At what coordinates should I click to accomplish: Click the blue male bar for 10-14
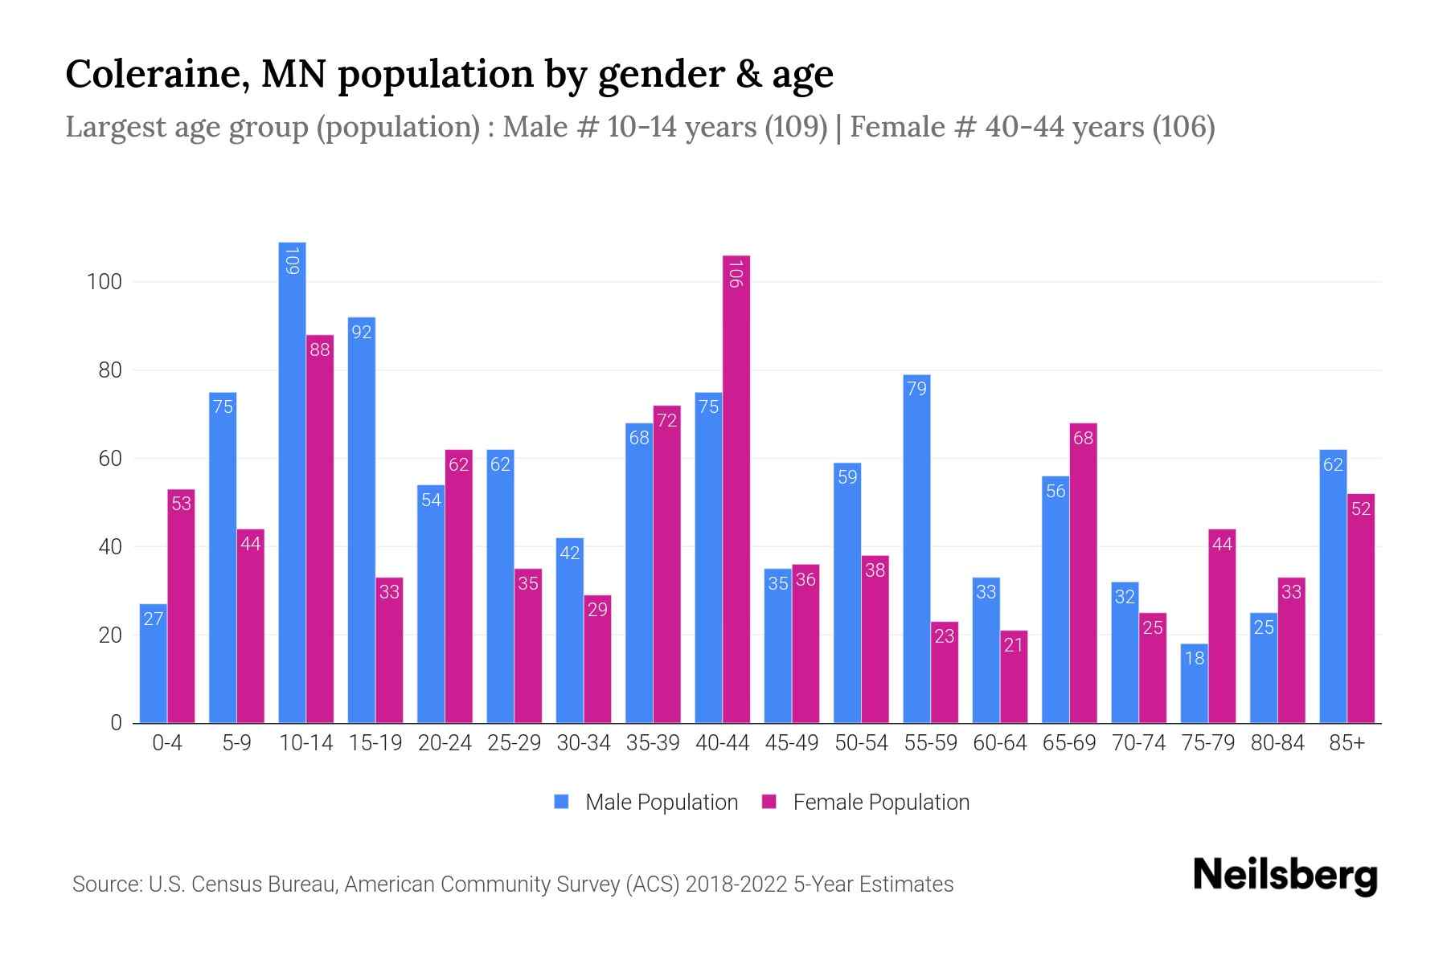[292, 482]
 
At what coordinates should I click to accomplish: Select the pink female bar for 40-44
[736, 490]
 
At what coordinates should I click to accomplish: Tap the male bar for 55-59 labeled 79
[916, 550]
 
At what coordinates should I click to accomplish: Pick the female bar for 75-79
[1222, 627]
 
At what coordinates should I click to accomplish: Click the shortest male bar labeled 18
[1194, 683]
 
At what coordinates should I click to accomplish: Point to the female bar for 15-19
[389, 651]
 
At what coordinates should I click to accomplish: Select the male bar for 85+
[1333, 586]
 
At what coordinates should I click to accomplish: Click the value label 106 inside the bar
[736, 272]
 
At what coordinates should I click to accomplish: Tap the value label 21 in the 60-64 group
[1014, 645]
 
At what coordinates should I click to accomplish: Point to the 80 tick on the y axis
[109, 370]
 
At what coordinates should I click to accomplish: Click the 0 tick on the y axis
[116, 723]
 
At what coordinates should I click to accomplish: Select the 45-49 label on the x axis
[791, 743]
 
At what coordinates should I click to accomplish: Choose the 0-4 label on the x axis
[167, 743]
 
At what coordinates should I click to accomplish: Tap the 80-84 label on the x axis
[1277, 743]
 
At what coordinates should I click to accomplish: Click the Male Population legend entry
[661, 803]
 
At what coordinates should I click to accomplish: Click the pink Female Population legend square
[769, 802]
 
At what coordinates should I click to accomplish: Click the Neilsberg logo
[1285, 876]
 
